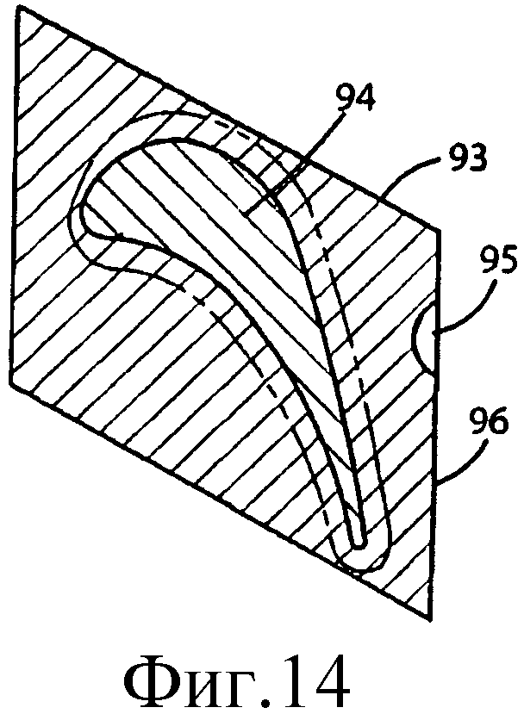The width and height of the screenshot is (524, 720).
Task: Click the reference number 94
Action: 355,98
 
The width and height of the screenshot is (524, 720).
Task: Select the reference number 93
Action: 465,158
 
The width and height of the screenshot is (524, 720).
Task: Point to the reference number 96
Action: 488,421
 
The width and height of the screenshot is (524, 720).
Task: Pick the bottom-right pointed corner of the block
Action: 432,621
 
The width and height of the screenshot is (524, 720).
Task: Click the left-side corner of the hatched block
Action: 10,384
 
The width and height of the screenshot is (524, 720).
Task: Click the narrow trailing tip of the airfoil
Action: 359,544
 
